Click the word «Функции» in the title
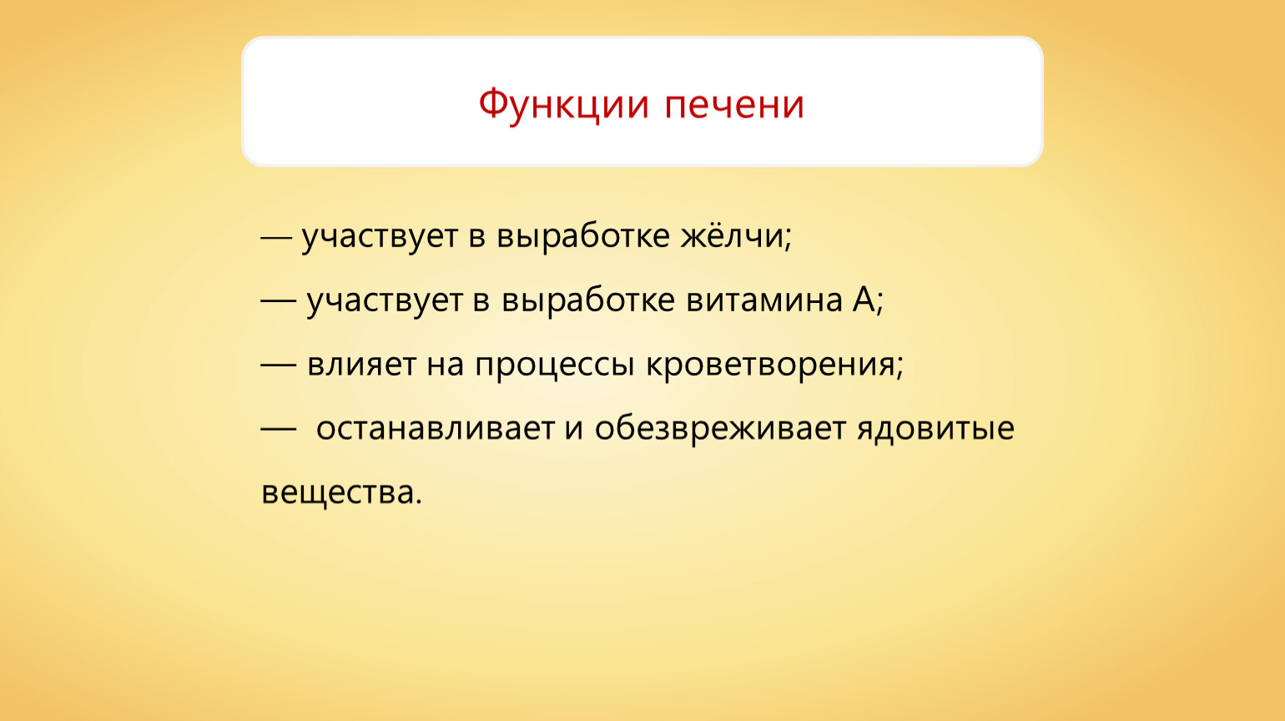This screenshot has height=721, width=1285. pos(564,105)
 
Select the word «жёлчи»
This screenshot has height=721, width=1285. pos(736,235)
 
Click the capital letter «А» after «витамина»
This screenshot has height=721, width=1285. pos(864,300)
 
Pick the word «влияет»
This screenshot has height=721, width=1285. pos(361,364)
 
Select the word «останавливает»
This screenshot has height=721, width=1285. pos(436,428)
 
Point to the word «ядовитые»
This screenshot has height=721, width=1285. pos(935,429)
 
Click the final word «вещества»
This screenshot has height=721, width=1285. pos(341,493)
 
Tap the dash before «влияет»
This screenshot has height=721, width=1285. pos(278,364)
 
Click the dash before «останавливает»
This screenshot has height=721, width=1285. pos(278,428)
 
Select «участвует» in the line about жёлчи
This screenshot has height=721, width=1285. pos(380,237)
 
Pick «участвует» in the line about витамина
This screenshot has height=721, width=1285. pos(385,301)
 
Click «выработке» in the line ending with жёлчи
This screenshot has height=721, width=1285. pos(582,237)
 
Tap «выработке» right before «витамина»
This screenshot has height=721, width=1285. pos(588,301)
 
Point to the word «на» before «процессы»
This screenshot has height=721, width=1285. pos(446,367)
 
